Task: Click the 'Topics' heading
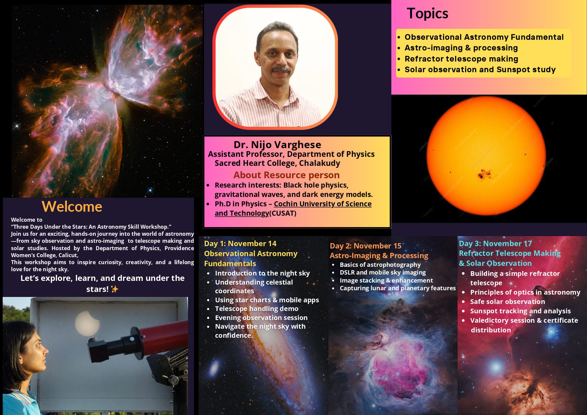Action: (427, 14)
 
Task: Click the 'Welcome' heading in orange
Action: (72, 207)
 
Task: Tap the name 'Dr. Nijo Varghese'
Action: (277, 144)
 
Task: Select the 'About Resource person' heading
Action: (286, 175)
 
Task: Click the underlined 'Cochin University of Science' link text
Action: (322, 204)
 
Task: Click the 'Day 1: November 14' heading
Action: (240, 243)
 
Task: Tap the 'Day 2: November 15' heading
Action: (365, 246)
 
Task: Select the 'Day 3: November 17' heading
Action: (495, 243)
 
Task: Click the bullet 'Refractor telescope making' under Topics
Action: (461, 59)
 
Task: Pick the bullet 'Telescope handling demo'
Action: (257, 309)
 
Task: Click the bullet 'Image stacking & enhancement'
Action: (386, 280)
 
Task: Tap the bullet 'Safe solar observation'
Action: (507, 302)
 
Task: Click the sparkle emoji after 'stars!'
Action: (115, 289)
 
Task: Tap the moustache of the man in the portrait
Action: (281, 70)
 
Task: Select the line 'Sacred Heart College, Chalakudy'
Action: (277, 163)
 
